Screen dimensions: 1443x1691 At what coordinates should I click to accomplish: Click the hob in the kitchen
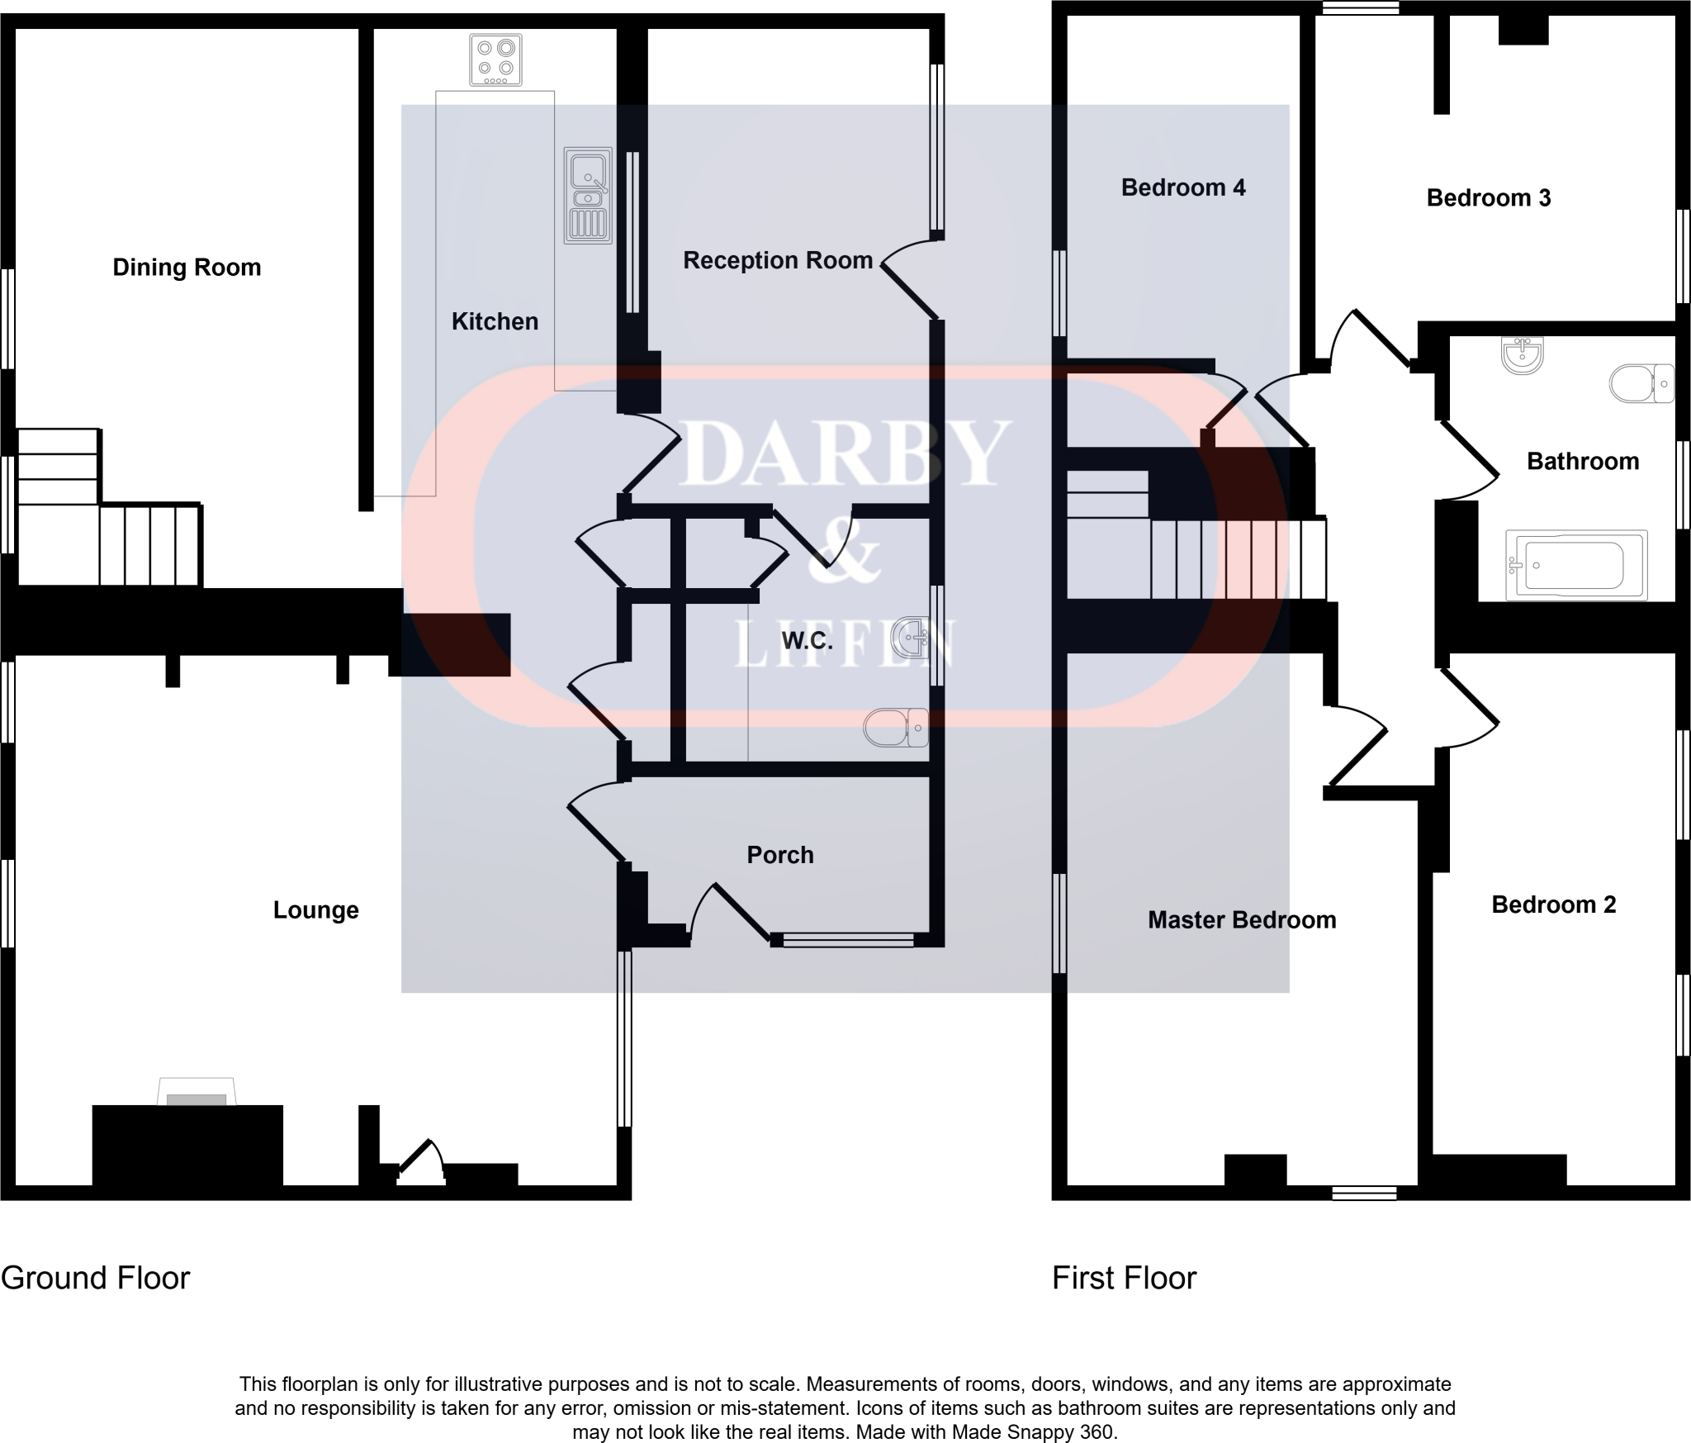(x=495, y=59)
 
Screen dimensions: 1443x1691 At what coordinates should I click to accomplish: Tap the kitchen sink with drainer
(x=588, y=196)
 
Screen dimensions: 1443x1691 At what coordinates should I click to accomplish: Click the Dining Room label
(x=187, y=268)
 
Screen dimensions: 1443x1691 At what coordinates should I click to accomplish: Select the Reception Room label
(x=778, y=261)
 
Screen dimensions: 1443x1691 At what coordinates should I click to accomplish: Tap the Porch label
(x=780, y=855)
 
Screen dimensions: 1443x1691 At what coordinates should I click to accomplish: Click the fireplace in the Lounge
(x=197, y=1093)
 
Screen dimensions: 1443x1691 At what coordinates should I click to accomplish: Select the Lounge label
(x=315, y=910)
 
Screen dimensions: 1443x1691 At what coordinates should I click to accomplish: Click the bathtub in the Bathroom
(x=1575, y=566)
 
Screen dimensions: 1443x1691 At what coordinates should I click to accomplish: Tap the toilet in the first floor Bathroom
(x=1641, y=384)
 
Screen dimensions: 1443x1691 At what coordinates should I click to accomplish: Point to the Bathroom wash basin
(x=1522, y=356)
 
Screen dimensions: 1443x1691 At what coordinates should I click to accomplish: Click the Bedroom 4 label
(x=1182, y=188)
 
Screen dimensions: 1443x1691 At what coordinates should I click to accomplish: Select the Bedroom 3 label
(x=1488, y=198)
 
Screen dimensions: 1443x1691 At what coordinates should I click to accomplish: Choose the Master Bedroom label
(x=1241, y=920)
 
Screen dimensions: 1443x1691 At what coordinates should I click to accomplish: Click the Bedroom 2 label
(x=1553, y=905)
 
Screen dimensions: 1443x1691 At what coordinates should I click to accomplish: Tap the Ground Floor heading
(x=95, y=1278)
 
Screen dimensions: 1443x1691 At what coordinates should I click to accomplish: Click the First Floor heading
(x=1123, y=1278)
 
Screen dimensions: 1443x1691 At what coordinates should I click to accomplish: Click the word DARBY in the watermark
(x=844, y=453)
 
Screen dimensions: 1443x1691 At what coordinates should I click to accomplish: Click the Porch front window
(x=848, y=939)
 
